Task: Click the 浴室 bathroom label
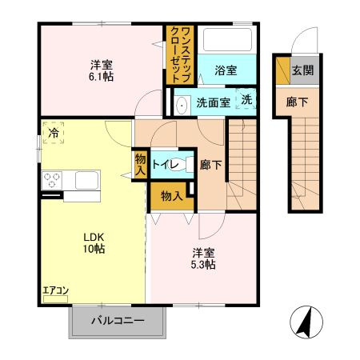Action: coord(226,70)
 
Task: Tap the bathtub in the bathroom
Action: coord(227,40)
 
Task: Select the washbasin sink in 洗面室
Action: coord(182,105)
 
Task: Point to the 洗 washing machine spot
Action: coord(246,99)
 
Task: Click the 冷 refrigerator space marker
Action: coord(54,133)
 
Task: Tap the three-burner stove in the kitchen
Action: coord(52,180)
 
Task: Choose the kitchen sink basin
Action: coord(86,180)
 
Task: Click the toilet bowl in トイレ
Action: coord(178,165)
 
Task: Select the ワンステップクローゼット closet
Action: coord(180,54)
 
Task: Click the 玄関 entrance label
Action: coord(302,70)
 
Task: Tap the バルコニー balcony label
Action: coord(118,320)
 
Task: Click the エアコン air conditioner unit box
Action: coord(55,299)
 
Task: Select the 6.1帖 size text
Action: coord(101,77)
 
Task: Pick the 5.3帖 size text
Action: coord(203,265)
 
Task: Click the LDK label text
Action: coord(94,237)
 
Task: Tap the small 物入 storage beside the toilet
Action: coord(140,165)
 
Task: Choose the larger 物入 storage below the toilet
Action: coord(172,197)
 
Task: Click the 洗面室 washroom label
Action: coord(214,102)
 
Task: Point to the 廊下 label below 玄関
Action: coord(297,102)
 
